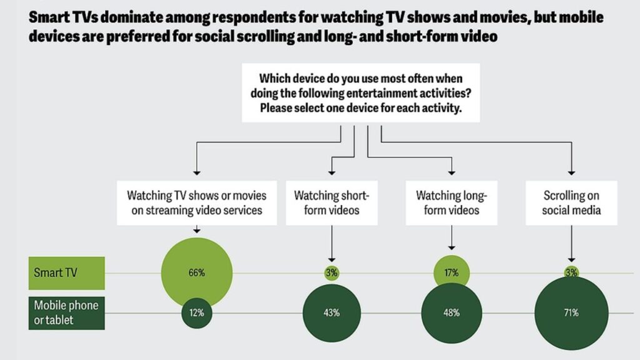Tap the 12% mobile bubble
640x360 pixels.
coord(197,313)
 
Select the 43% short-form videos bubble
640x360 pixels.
coord(332,313)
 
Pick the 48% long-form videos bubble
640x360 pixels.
coord(452,313)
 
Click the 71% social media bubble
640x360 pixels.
coord(571,313)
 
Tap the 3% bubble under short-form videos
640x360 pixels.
coord(332,273)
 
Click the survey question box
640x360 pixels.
coord(361,93)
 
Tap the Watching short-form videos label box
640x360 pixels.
coord(332,202)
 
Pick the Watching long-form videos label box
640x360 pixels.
coord(451,202)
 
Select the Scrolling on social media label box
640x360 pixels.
coord(571,202)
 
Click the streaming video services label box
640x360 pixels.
coord(197,202)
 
